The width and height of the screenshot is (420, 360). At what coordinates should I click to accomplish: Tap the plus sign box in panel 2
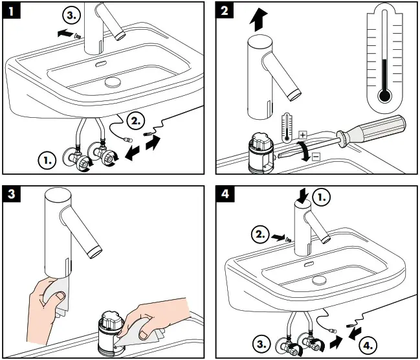coord(302,133)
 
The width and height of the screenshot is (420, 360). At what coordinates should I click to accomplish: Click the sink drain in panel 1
coord(113,82)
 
